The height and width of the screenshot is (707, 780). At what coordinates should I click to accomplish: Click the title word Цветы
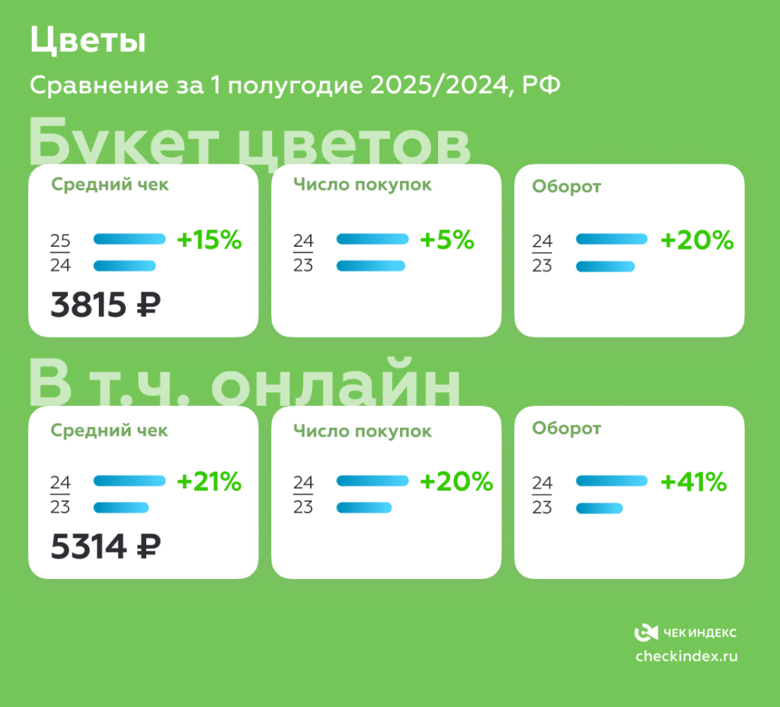pos(88,42)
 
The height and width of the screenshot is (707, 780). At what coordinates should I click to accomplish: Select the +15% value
pos(209,241)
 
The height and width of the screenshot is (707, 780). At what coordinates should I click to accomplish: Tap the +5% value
pos(447,241)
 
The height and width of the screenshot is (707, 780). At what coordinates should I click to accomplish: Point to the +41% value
pos(693,482)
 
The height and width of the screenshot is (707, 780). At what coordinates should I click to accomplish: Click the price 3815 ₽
pos(106,306)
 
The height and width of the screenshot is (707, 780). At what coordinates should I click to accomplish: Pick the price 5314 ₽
pos(106,546)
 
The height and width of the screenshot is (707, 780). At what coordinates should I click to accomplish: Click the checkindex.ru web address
pos(686,656)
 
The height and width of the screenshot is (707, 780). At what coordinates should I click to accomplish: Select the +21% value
pos(209,482)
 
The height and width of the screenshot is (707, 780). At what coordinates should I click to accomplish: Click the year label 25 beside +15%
pos(60,242)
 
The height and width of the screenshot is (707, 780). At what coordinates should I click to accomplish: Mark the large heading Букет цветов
pos(250,141)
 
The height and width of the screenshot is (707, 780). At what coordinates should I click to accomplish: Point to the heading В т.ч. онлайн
pos(245,385)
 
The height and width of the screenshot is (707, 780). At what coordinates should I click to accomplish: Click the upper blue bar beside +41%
pos(612,481)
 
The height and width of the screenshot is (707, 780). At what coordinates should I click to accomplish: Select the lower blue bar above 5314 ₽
pos(121,507)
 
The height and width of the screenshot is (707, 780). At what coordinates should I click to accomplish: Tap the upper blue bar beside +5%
pos(372,239)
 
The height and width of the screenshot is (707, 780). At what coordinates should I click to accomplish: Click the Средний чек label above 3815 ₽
pos(110,184)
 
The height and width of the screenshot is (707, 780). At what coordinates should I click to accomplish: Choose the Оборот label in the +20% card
pos(566,187)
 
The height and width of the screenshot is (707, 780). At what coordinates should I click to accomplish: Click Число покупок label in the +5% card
pos(363,184)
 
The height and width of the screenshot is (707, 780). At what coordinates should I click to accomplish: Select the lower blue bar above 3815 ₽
pos(124,266)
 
